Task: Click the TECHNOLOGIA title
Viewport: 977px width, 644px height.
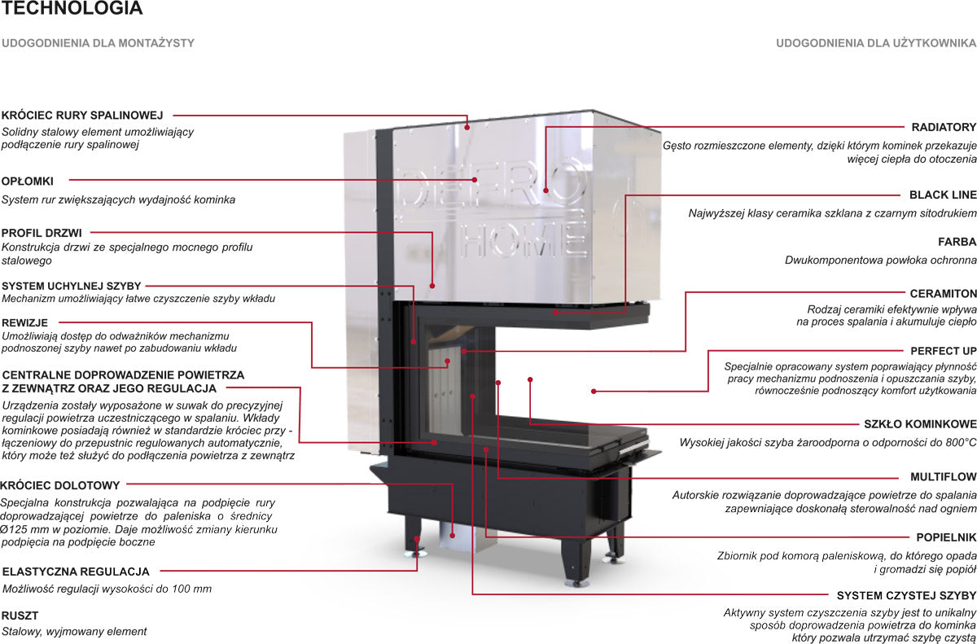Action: pos(72,9)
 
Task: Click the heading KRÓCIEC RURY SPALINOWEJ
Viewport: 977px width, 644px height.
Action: pos(83,116)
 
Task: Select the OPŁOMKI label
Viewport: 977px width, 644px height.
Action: pos(28,180)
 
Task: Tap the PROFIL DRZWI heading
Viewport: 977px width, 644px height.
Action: pos(42,233)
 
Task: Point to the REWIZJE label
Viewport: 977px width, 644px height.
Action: pos(24,322)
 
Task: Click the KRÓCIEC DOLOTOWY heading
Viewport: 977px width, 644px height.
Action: pos(60,485)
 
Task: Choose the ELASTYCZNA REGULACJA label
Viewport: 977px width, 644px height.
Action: pos(76,572)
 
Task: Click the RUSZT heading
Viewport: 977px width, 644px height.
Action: pos(20,616)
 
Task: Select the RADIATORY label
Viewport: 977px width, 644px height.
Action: pos(944,127)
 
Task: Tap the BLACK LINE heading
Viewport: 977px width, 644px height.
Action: pos(942,195)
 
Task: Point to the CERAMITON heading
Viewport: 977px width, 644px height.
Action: pos(943,293)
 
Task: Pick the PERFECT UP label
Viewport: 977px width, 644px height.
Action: pos(943,351)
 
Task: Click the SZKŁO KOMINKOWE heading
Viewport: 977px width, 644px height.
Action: pos(919,424)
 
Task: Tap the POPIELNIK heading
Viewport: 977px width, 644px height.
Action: pos(946,537)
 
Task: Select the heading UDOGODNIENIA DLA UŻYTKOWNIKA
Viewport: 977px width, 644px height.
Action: pos(876,42)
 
